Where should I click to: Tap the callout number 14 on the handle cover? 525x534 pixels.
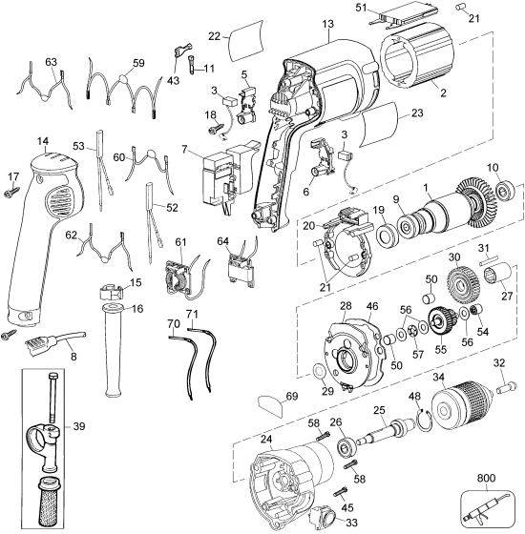tap(43, 141)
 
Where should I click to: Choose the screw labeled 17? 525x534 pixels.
tap(13, 192)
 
